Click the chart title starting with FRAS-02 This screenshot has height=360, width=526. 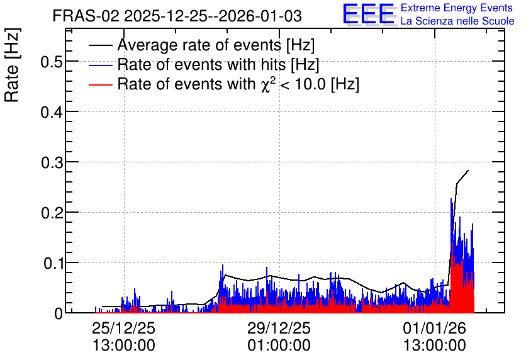click(177, 16)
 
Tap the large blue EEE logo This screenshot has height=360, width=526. click(369, 14)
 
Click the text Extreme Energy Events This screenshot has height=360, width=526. click(457, 8)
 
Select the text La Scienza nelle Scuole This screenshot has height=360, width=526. click(457, 21)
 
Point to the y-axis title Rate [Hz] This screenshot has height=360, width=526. click(12, 65)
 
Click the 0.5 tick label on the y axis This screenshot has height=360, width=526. click(52, 62)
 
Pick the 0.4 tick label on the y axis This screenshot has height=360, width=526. click(52, 112)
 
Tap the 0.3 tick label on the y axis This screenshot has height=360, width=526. click(52, 162)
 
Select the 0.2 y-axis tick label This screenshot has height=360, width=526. click(52, 213)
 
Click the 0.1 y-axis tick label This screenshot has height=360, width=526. click(53, 263)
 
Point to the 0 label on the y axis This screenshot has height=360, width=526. click(59, 313)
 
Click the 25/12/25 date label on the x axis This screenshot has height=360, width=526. click(124, 328)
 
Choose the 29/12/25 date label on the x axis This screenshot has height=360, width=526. click(279, 328)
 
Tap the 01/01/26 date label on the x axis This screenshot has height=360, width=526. click(434, 328)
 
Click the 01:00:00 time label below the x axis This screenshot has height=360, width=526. click(279, 345)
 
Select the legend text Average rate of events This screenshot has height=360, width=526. click(199, 45)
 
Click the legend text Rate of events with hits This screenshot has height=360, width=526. click(201, 64)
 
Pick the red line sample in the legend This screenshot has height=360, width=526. click(100, 85)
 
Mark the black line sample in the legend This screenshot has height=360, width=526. click(100, 45)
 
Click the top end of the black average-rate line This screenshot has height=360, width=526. click(468, 171)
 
